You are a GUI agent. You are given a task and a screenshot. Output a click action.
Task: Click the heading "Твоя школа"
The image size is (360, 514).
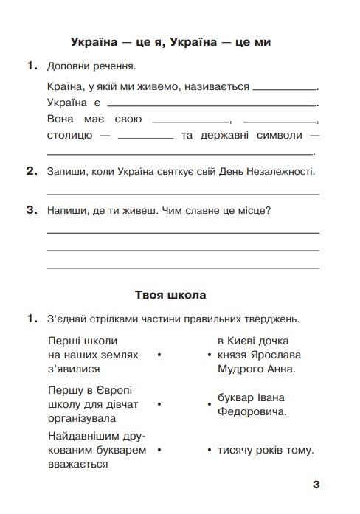[x=170, y=295]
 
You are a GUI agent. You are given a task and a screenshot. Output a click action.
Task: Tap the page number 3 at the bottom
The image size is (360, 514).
[x=316, y=485]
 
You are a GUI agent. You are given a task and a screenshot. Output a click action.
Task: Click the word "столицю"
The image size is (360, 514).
[x=69, y=136]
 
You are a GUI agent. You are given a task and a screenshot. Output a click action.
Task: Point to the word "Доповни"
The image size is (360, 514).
[x=69, y=66]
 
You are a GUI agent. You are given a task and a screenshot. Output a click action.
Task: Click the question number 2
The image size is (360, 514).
[x=31, y=172]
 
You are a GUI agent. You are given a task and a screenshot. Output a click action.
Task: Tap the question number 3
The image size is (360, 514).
[x=31, y=210]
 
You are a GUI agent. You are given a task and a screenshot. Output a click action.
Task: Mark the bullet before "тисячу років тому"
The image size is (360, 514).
[x=210, y=450]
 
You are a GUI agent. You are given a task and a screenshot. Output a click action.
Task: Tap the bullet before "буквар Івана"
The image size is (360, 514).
[x=210, y=405]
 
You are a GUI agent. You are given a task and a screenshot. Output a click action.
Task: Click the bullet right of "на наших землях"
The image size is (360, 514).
[x=159, y=355]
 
